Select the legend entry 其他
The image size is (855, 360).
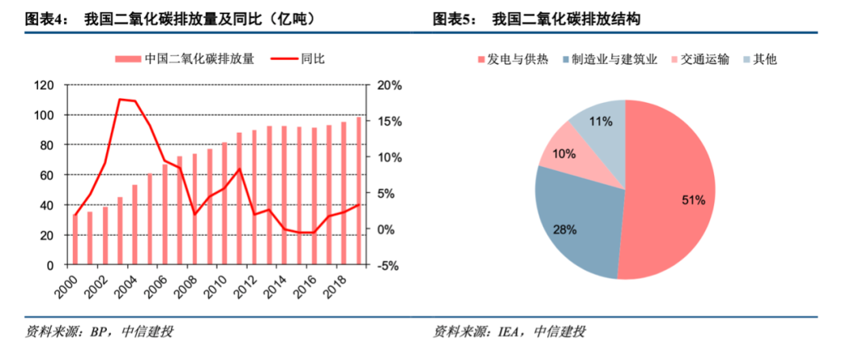coord(765,59)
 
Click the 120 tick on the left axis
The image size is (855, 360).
coord(44,85)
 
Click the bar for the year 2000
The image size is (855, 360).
coord(75,239)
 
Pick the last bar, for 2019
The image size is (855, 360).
coord(359,190)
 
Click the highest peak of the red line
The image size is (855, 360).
coord(120,100)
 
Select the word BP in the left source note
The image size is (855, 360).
coord(98,331)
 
